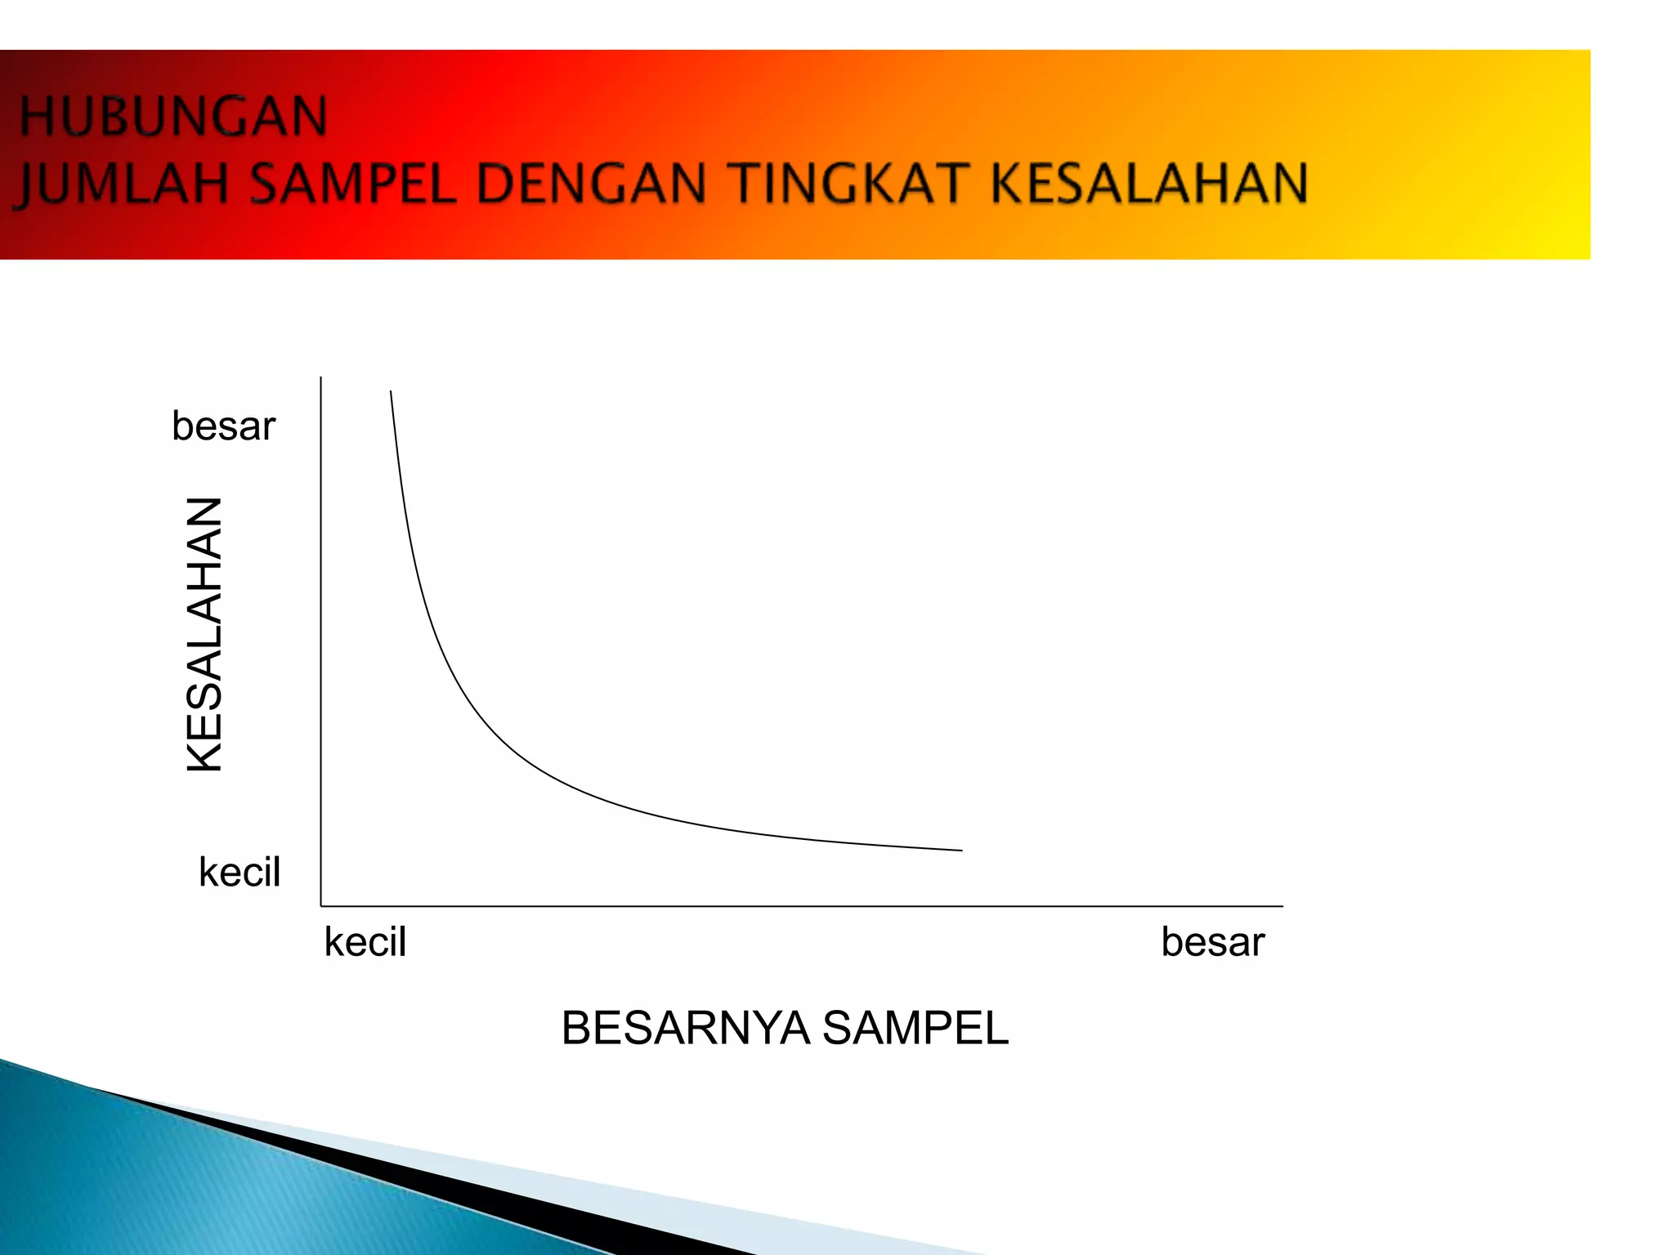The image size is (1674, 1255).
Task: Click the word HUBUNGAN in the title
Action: click(x=173, y=117)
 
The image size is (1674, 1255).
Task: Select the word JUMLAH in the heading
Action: click(x=123, y=183)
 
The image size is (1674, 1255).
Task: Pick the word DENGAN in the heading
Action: click(x=591, y=183)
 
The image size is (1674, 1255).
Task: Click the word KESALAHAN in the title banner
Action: click(x=1149, y=183)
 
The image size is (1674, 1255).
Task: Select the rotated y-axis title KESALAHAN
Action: click(x=204, y=634)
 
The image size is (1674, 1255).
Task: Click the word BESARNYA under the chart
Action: click(x=685, y=1028)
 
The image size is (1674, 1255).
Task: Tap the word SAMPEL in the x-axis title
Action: click(x=915, y=1028)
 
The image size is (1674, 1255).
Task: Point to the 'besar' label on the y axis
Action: click(x=223, y=427)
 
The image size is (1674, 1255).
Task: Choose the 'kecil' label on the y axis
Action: click(x=239, y=872)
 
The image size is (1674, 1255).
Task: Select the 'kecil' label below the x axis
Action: click(x=365, y=942)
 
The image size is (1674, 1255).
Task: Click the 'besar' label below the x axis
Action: click(x=1213, y=942)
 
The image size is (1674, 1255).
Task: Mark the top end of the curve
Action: click(x=391, y=393)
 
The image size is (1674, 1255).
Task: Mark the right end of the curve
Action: click(x=960, y=850)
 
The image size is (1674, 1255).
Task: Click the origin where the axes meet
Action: click(x=321, y=905)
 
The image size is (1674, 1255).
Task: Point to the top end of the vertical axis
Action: click(x=321, y=378)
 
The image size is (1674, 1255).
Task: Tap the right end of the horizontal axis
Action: click(x=1282, y=905)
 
